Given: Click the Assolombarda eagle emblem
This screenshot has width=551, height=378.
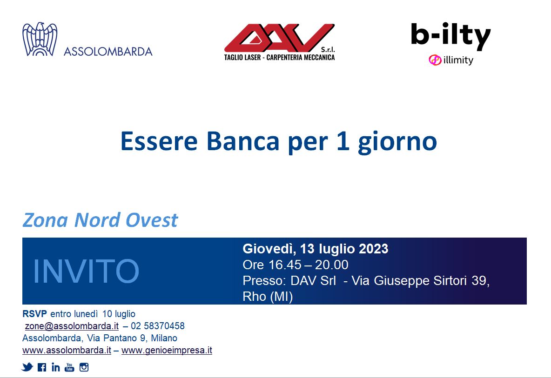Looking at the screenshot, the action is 40,39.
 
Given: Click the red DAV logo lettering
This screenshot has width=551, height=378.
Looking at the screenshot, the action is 279,38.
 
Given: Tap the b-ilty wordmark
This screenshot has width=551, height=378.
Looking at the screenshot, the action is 450,35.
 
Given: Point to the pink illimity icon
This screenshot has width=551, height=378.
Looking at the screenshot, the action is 435,60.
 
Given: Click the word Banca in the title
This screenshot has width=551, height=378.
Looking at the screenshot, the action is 243,141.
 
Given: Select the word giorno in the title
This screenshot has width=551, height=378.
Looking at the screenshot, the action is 397,143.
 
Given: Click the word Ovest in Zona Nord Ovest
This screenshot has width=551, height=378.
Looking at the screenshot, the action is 152,220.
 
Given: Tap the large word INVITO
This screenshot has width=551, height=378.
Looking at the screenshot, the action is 86,271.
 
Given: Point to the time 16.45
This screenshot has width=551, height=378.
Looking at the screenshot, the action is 285,265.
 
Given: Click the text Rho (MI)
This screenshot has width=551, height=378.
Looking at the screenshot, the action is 268,297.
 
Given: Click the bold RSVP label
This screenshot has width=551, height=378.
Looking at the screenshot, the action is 34,314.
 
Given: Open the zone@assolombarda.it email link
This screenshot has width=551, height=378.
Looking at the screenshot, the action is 72,326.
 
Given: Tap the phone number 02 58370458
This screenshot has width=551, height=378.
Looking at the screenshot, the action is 158,326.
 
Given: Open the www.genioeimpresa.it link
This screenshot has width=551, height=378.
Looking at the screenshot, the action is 167,350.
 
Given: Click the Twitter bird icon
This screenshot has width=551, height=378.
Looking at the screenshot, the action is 27,367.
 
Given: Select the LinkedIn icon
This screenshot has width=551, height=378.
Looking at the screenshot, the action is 55,367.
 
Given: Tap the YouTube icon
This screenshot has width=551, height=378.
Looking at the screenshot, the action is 70,367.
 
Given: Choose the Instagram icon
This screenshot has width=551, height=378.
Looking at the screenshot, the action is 84,367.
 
